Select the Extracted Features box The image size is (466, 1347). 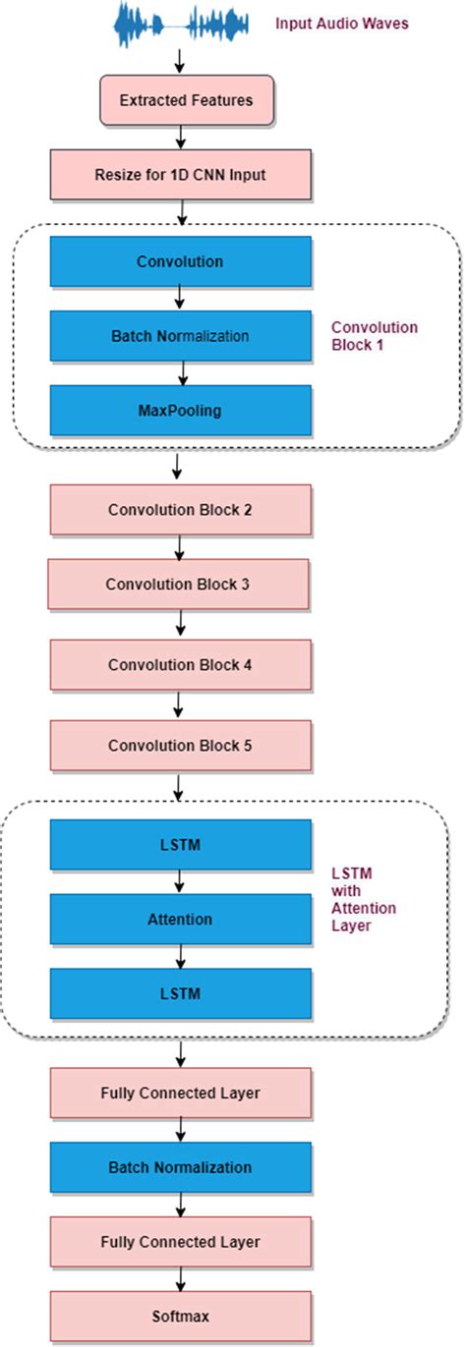pyautogui.click(x=186, y=100)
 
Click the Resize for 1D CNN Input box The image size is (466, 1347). pyautogui.click(x=179, y=176)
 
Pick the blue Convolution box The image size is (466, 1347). pyautogui.click(x=179, y=262)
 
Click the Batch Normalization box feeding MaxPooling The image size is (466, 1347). pyautogui.click(x=179, y=336)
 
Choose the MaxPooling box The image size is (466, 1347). pyautogui.click(x=179, y=411)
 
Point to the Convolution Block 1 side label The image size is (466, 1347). pyautogui.click(x=374, y=336)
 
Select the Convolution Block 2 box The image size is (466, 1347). pyautogui.click(x=179, y=510)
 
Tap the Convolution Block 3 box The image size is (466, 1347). pyautogui.click(x=178, y=585)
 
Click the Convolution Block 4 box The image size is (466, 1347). pyautogui.click(x=179, y=665)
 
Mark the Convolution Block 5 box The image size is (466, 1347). pyautogui.click(x=179, y=745)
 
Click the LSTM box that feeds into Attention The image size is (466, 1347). pyautogui.click(x=179, y=845)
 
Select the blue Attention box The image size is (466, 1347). pyautogui.click(x=179, y=920)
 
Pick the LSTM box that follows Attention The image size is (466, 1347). pyautogui.click(x=179, y=993)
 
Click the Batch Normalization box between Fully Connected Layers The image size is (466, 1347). pyautogui.click(x=179, y=1167)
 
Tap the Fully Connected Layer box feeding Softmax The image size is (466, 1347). pyautogui.click(x=179, y=1242)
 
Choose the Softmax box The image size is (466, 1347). pyautogui.click(x=179, y=1316)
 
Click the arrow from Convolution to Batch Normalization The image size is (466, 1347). pyautogui.click(x=179, y=299)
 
